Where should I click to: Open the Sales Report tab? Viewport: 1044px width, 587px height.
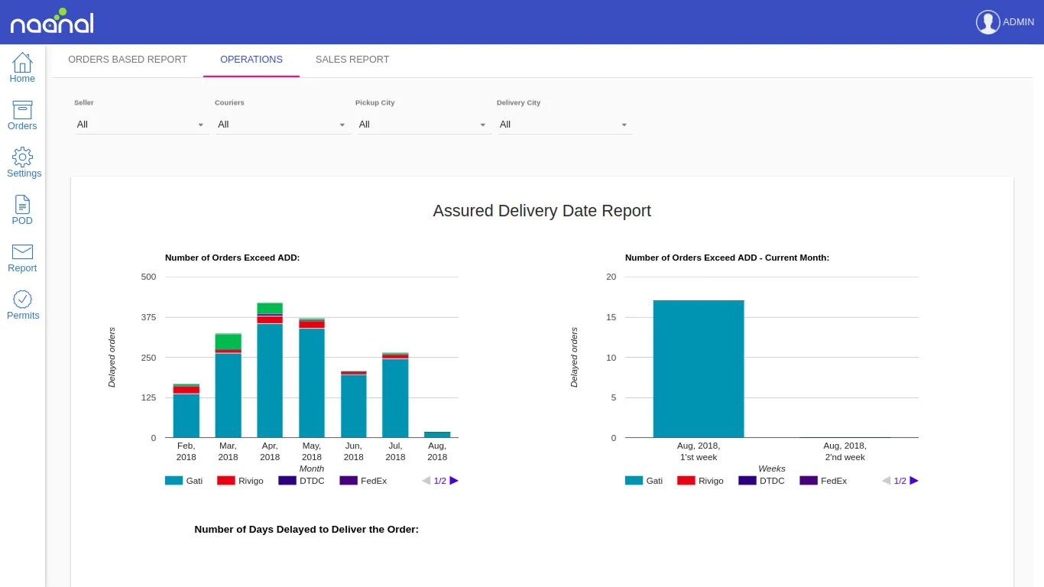click(352, 60)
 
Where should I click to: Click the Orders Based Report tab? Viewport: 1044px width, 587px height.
click(128, 60)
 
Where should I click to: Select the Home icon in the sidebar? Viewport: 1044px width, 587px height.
click(22, 67)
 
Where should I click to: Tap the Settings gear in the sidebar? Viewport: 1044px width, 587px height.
click(23, 162)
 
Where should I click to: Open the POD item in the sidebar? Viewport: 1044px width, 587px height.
click(22, 209)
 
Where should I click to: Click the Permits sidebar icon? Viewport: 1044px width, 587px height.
click(23, 304)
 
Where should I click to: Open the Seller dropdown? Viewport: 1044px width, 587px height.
click(141, 125)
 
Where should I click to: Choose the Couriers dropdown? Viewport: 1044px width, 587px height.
click(282, 125)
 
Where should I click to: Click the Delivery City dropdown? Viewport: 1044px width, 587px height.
click(563, 125)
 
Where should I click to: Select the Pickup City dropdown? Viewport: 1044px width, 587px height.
click(422, 125)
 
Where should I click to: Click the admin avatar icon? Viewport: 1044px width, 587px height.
click(987, 22)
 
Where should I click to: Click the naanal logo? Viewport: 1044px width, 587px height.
click(52, 22)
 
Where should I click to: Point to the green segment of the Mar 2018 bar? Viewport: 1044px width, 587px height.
click(228, 341)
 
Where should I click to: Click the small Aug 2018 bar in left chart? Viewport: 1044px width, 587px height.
click(437, 434)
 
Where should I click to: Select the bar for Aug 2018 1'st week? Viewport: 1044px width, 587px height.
click(699, 368)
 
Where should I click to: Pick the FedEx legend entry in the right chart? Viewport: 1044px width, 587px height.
click(823, 481)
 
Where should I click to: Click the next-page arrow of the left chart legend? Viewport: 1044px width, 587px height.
click(454, 481)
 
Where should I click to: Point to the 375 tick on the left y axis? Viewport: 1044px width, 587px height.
click(148, 317)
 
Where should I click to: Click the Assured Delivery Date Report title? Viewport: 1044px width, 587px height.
click(542, 211)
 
